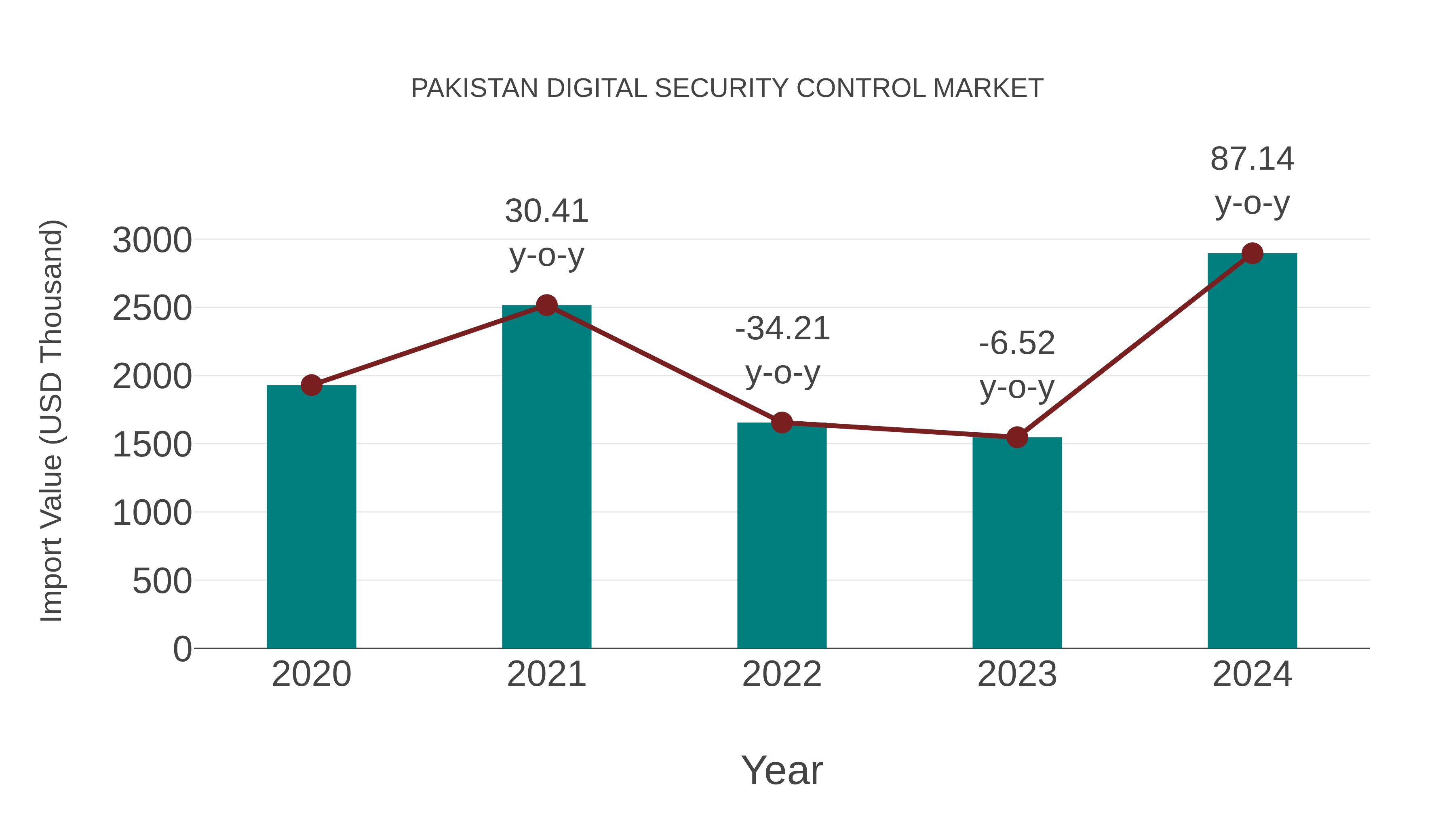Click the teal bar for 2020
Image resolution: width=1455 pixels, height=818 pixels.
pyautogui.click(x=311, y=517)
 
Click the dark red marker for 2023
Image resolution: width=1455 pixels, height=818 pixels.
pyautogui.click(x=1017, y=437)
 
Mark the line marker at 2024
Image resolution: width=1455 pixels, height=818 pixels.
pyautogui.click(x=1252, y=253)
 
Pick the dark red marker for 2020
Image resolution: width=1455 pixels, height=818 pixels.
pyautogui.click(x=311, y=386)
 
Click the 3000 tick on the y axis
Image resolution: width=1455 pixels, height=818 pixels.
pyautogui.click(x=152, y=240)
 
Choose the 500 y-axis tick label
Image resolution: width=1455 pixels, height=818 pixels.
pyautogui.click(x=162, y=581)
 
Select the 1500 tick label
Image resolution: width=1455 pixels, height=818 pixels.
pyautogui.click(x=152, y=445)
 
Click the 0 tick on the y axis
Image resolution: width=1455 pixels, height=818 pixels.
pyautogui.click(x=182, y=649)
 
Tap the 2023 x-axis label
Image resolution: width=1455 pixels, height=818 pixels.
pyautogui.click(x=1017, y=674)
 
